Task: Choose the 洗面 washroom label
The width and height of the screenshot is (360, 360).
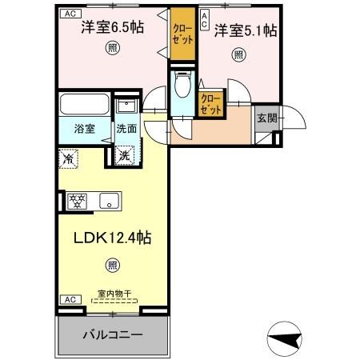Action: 126,127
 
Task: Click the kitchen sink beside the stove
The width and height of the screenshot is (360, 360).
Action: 108,200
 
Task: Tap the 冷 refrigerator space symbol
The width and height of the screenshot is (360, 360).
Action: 70,158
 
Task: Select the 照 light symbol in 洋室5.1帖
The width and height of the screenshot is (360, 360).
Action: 238,55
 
